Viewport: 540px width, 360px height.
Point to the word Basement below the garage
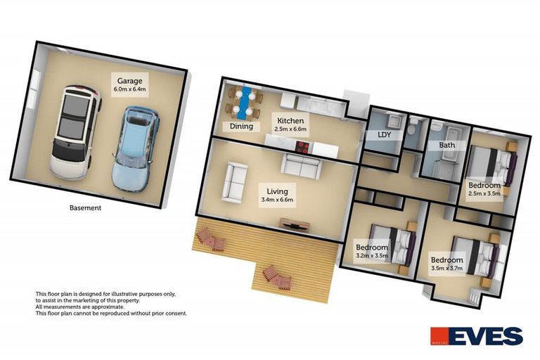coord(86,208)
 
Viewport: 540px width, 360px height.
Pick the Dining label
coord(241,127)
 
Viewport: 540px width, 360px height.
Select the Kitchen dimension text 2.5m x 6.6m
coord(290,130)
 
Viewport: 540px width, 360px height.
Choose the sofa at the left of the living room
coord(234,181)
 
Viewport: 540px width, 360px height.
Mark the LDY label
coord(385,134)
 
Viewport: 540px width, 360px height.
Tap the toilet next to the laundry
coord(416,125)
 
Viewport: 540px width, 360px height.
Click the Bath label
coord(447,146)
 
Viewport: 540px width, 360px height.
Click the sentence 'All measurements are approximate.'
coord(79,307)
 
